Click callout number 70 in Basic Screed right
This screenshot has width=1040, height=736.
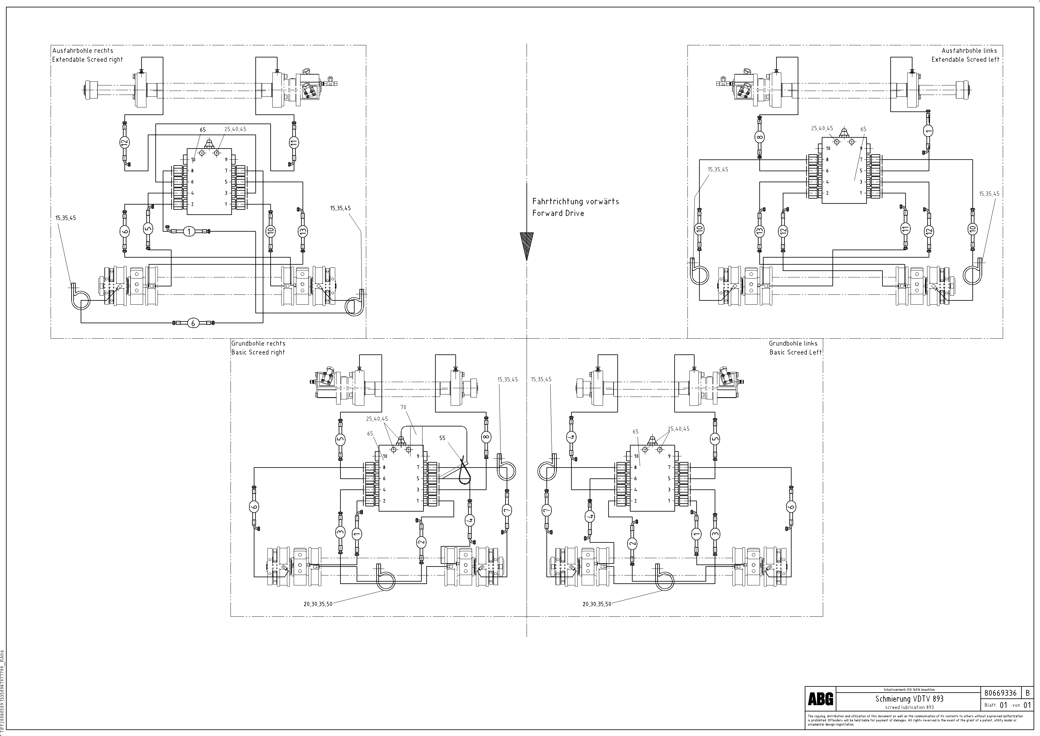pos(403,407)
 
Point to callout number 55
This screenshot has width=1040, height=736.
pos(442,438)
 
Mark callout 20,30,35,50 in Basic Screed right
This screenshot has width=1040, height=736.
pos(318,604)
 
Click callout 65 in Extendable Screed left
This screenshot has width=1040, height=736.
pos(863,129)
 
